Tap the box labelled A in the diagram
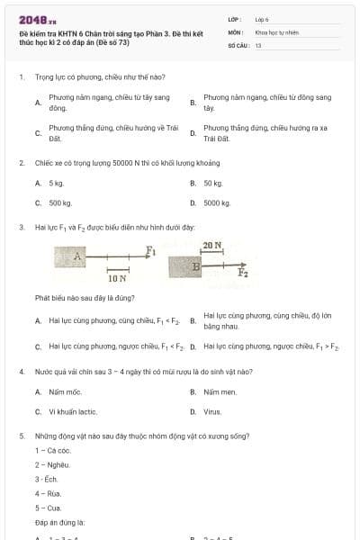click(x=78, y=257)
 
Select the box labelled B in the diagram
click(x=195, y=267)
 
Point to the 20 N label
click(x=212, y=245)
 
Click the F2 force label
click(x=243, y=272)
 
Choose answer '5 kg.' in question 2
click(x=56, y=183)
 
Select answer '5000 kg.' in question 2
click(x=217, y=203)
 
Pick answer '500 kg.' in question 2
click(x=59, y=203)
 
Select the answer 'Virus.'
click(x=212, y=412)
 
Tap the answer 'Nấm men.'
click(x=220, y=391)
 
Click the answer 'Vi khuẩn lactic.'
click(x=73, y=412)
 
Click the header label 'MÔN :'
click(x=237, y=31)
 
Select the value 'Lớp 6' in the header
click(x=262, y=19)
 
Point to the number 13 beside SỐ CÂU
click(x=258, y=44)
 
